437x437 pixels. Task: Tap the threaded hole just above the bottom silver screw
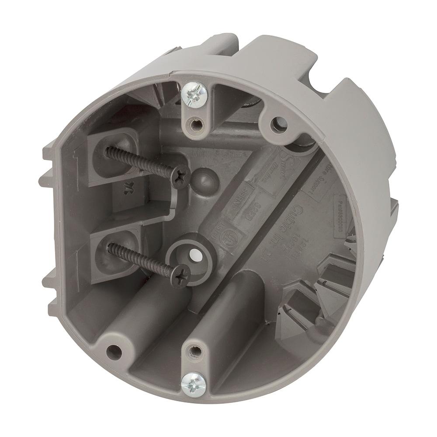pos(195,350)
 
